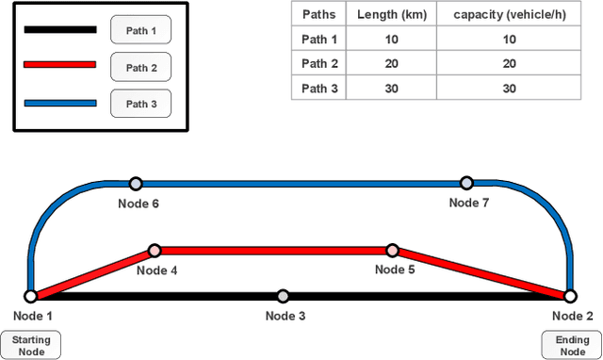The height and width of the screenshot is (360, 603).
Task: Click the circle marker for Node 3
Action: click(x=283, y=296)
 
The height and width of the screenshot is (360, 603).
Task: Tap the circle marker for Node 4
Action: click(x=155, y=251)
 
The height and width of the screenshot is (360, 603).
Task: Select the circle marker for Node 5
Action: click(x=393, y=251)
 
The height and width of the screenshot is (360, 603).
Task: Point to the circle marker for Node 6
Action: click(x=136, y=183)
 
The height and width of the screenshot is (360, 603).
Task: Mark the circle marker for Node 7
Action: click(x=465, y=183)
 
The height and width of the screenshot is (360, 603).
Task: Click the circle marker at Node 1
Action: click(x=31, y=296)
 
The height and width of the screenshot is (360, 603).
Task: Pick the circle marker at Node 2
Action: click(x=571, y=296)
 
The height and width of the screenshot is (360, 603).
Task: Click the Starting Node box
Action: click(x=30, y=345)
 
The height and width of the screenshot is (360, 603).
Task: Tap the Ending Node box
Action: click(x=572, y=345)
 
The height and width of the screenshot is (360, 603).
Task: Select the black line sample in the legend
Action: click(x=59, y=30)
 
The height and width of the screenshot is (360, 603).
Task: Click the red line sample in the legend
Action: click(x=59, y=65)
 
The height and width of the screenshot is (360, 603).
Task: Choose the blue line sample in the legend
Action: click(x=59, y=102)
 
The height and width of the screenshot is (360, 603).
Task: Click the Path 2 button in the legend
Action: click(x=140, y=67)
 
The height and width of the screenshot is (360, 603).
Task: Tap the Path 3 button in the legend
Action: click(x=140, y=104)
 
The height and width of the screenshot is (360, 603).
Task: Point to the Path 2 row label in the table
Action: click(x=318, y=65)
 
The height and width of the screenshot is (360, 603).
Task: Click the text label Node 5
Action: click(x=396, y=270)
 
